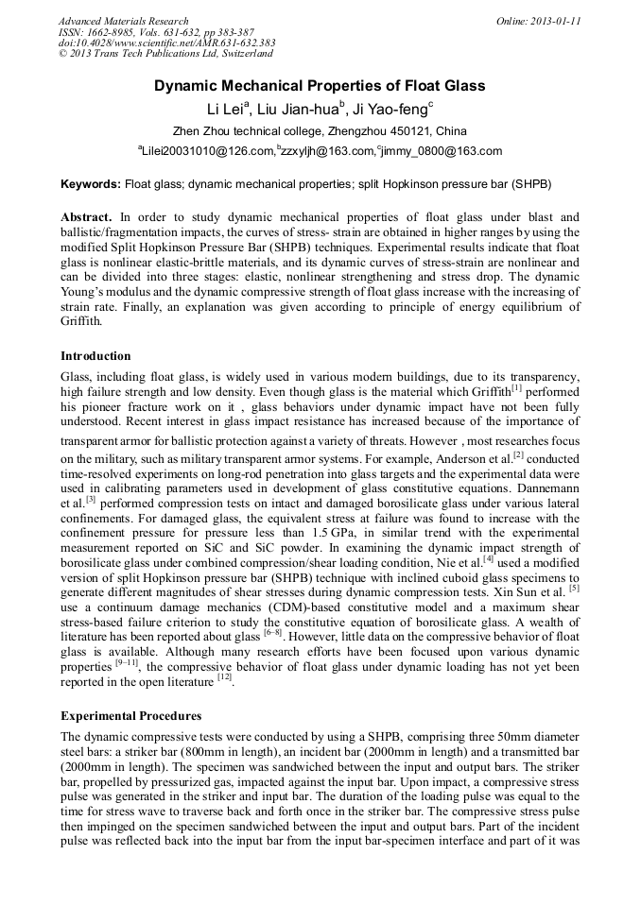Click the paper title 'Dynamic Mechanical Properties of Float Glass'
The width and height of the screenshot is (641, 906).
[x=320, y=86]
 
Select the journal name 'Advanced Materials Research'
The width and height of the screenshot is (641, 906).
[x=123, y=21]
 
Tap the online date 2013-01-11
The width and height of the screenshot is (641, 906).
[x=552, y=21]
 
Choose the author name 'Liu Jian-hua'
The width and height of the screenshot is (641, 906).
[x=298, y=110]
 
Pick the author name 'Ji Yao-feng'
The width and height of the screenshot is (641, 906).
[x=390, y=110]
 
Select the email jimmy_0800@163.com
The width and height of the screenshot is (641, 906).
[x=442, y=151]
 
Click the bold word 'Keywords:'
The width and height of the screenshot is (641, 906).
[x=91, y=184]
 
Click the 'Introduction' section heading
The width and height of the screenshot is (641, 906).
[x=95, y=356]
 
